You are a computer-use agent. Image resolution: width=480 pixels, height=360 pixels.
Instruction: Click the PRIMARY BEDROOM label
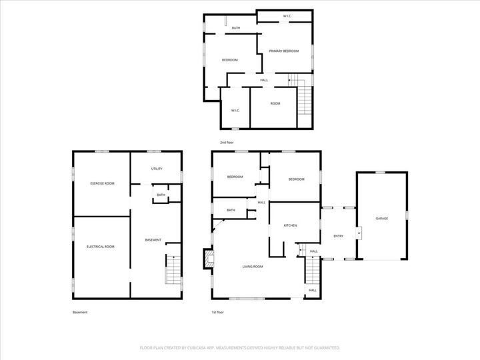tap(283, 51)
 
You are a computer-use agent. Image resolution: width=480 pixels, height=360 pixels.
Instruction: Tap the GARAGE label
tap(381, 218)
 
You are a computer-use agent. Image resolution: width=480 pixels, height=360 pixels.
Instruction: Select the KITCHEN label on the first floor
tap(290, 225)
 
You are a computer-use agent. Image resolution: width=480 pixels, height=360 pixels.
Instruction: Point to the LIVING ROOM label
tap(252, 266)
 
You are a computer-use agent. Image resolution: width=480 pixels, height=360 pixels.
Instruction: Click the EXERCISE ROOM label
tap(102, 183)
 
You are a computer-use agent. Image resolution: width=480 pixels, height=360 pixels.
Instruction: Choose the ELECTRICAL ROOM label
tap(100, 247)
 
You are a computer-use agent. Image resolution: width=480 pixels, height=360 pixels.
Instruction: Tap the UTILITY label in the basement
tap(157, 169)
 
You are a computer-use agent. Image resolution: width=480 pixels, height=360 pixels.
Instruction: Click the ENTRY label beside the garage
tap(339, 235)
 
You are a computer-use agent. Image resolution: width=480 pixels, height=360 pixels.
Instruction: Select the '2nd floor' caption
tap(227, 143)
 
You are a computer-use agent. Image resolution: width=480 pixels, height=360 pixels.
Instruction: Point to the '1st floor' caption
tap(217, 312)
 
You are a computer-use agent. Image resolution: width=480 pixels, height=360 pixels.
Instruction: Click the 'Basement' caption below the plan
tap(79, 312)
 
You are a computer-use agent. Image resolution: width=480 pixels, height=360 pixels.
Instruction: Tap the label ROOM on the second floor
tap(275, 103)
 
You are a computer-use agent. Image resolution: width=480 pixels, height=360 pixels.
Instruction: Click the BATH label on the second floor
tap(236, 28)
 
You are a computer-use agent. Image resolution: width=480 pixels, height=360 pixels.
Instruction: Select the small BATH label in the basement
tap(161, 195)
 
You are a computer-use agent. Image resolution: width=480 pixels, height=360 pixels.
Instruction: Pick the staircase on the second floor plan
tap(305, 99)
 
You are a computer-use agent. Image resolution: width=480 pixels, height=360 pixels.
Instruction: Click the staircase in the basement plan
tap(173, 270)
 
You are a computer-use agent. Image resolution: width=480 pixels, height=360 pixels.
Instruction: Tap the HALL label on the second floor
tap(264, 80)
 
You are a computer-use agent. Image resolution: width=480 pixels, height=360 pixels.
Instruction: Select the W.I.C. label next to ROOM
tap(235, 110)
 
